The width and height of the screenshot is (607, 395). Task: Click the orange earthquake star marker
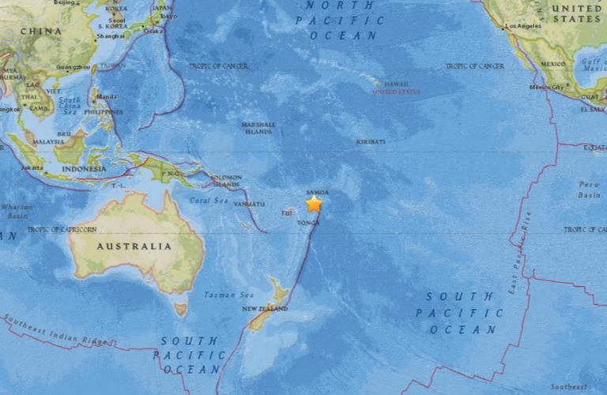314,203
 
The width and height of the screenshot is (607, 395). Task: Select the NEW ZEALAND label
265,308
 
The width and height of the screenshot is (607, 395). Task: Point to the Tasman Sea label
221,295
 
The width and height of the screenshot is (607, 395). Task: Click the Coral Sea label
208,200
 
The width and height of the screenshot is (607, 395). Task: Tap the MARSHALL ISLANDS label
259,127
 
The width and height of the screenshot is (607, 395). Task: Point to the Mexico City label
545,87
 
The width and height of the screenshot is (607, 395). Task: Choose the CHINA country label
41,32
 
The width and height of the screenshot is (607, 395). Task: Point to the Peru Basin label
590,189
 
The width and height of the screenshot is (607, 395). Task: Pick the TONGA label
307,224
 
